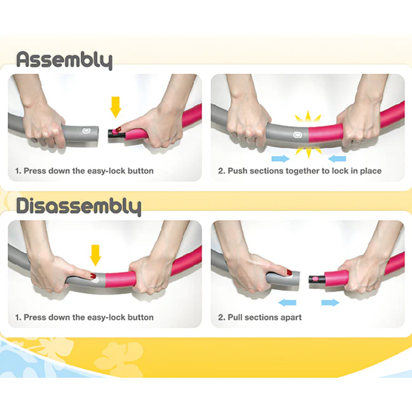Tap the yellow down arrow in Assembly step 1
[x=115, y=106]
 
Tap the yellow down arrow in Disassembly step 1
[x=96, y=255]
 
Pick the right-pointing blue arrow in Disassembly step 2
[x=330, y=303]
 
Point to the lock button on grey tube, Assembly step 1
[x=87, y=132]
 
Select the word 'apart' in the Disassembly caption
[x=290, y=317]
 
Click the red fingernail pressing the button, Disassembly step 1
[x=93, y=276]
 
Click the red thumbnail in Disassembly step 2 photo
[x=290, y=273]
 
